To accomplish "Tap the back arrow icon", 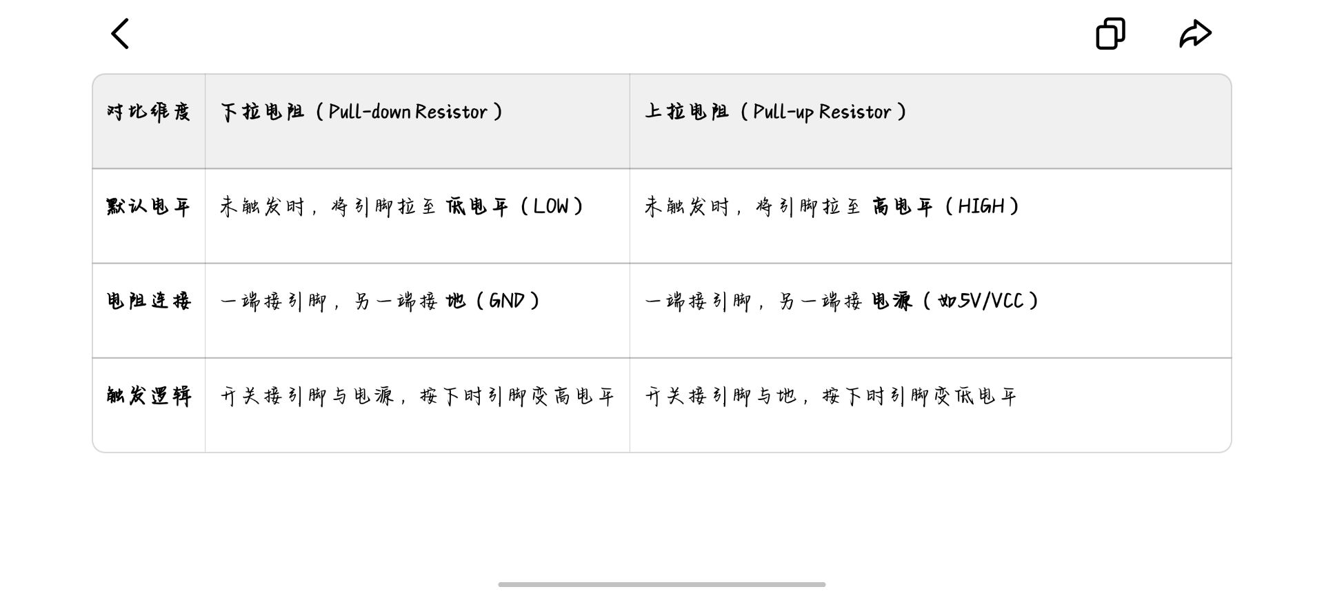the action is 120,34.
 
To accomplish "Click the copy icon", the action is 1110,34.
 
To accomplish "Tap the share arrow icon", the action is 1195,34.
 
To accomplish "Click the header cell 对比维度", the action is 148,112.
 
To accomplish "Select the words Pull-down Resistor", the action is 408,112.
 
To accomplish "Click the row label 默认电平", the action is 148,206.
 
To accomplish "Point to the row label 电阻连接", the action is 148,301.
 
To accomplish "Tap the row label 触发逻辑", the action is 148,395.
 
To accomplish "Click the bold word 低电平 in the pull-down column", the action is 477,206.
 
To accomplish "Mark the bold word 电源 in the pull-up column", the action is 892,301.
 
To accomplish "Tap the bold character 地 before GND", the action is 455,301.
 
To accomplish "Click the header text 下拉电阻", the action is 262,112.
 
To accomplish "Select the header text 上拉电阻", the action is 687,112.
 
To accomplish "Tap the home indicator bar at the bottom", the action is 661,584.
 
